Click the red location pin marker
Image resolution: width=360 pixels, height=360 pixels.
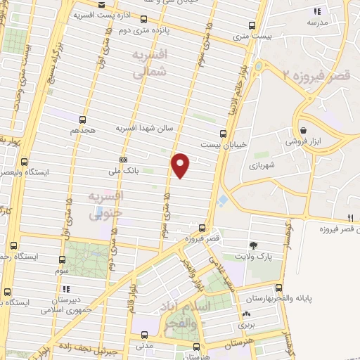tap(181, 165)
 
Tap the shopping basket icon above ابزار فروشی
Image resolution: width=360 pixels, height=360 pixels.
tap(303, 131)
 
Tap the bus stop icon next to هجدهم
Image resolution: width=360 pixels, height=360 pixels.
tap(83, 120)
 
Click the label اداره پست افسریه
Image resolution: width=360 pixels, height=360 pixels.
tap(99, 14)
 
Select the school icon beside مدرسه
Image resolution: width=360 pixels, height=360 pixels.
tap(316, 11)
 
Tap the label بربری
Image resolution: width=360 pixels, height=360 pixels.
tap(246, 326)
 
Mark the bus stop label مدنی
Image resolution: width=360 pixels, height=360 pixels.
tap(143, 347)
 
